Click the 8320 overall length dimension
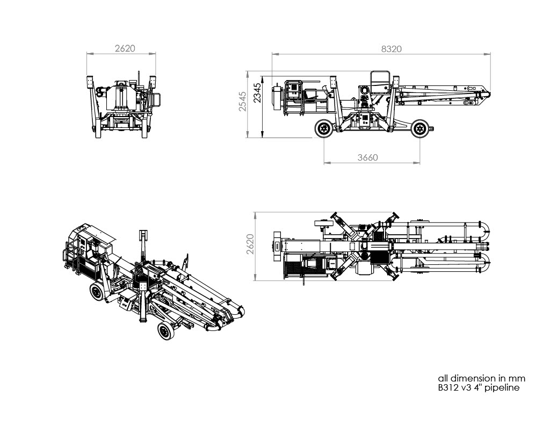pyautogui.click(x=391, y=49)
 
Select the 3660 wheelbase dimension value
pyautogui.click(x=368, y=157)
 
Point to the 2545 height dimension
pyautogui.click(x=243, y=101)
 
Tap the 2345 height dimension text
pyautogui.click(x=257, y=93)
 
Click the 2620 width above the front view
pyautogui.click(x=125, y=48)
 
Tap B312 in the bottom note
pyautogui.click(x=447, y=388)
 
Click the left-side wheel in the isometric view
pyautogui.click(x=97, y=293)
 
